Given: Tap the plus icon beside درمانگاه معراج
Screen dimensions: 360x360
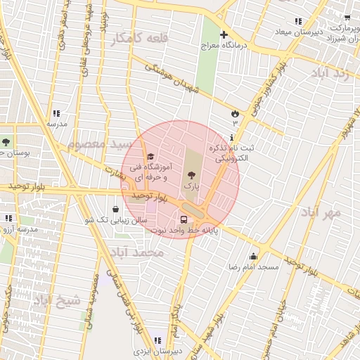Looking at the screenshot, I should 224,34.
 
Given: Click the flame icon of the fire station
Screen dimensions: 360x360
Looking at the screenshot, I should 235,113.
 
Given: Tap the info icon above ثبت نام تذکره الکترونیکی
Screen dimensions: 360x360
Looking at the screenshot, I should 232,136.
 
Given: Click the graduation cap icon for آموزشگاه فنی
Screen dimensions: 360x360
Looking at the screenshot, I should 150,156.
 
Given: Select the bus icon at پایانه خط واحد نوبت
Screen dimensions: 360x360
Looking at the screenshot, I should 184,218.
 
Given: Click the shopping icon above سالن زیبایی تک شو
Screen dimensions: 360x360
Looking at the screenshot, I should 115,209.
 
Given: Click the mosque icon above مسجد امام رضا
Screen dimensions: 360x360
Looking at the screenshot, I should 253,256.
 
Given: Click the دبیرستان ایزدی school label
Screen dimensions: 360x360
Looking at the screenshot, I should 159,349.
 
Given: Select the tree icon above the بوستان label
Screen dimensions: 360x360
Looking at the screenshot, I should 6,142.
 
